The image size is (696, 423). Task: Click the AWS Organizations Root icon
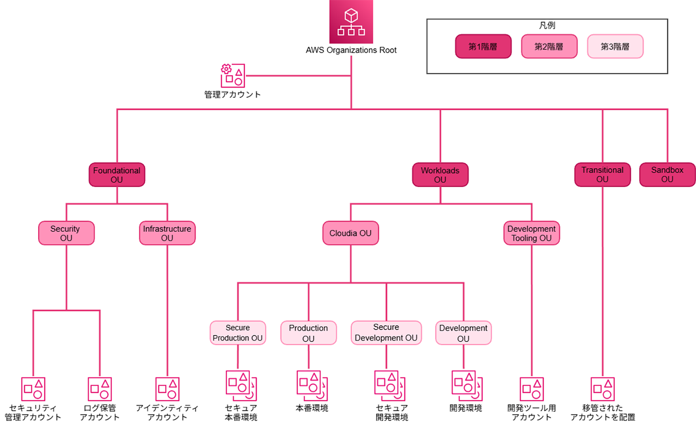pyautogui.click(x=351, y=22)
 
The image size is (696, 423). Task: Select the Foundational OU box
pyautogui.click(x=117, y=175)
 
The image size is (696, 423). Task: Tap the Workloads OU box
pyautogui.click(x=440, y=175)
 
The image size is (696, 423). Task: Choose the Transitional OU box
pyautogui.click(x=602, y=174)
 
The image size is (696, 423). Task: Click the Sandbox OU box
pyautogui.click(x=667, y=174)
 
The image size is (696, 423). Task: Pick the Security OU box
pyautogui.click(x=66, y=233)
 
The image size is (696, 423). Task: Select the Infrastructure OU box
pyautogui.click(x=167, y=233)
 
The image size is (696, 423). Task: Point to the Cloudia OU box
pyautogui.click(x=350, y=233)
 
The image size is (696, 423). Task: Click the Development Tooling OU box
pyautogui.click(x=531, y=233)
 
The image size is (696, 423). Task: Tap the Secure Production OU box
pyautogui.click(x=238, y=333)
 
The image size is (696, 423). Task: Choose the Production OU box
pyautogui.click(x=309, y=333)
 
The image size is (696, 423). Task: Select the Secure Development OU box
pyautogui.click(x=386, y=333)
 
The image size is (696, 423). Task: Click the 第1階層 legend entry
pyautogui.click(x=483, y=46)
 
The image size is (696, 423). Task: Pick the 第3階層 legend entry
pyautogui.click(x=615, y=46)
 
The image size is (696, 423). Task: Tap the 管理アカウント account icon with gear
pyautogui.click(x=232, y=76)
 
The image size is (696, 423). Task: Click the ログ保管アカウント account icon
pyautogui.click(x=100, y=389)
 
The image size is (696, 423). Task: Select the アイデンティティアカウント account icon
pyautogui.click(x=167, y=389)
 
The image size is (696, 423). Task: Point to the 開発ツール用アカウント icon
pyautogui.click(x=531, y=389)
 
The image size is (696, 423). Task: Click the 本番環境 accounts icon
pyautogui.click(x=312, y=385)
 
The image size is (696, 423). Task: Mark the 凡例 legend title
pyautogui.click(x=547, y=26)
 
